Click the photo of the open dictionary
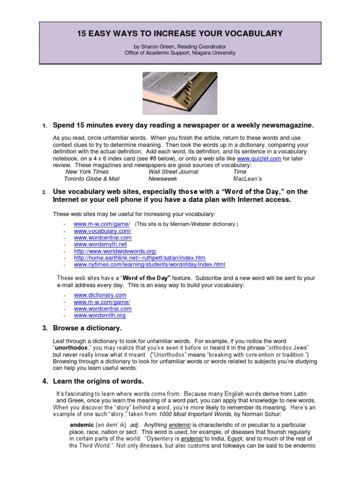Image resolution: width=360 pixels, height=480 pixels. pos(180,93)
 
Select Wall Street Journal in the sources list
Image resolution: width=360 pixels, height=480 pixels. pos(173,172)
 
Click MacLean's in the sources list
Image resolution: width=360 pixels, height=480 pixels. pos(247,179)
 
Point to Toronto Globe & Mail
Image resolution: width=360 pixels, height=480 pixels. pos(92,179)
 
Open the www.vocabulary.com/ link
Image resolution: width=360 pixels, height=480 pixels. pos(103,231)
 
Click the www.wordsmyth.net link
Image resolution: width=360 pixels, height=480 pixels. pos(100,244)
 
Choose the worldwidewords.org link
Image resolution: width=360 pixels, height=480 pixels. pos(115,251)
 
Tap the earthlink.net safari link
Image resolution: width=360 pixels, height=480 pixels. pos(140,258)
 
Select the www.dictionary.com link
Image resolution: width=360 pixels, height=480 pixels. pos(100,295)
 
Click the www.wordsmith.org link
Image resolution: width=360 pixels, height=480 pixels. pos(100,315)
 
